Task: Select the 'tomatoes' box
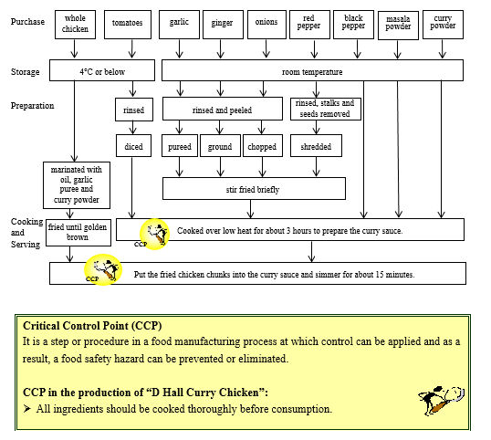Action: coord(127,24)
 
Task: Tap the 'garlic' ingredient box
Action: coord(178,24)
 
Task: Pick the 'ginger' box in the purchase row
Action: coord(222,24)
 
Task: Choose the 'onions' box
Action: coord(266,24)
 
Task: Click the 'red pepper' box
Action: coord(309,24)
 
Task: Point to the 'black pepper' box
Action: coord(353,24)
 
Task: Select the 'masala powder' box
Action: coord(398,25)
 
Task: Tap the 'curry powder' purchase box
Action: coord(443,25)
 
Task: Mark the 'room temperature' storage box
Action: coord(312,71)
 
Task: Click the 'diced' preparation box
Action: coord(133,146)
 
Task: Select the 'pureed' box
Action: coord(181,146)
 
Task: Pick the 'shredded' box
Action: coord(316,146)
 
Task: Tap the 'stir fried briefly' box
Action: coord(254,189)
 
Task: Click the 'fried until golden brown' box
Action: coord(78,231)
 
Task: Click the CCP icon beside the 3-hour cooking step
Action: coord(155,233)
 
